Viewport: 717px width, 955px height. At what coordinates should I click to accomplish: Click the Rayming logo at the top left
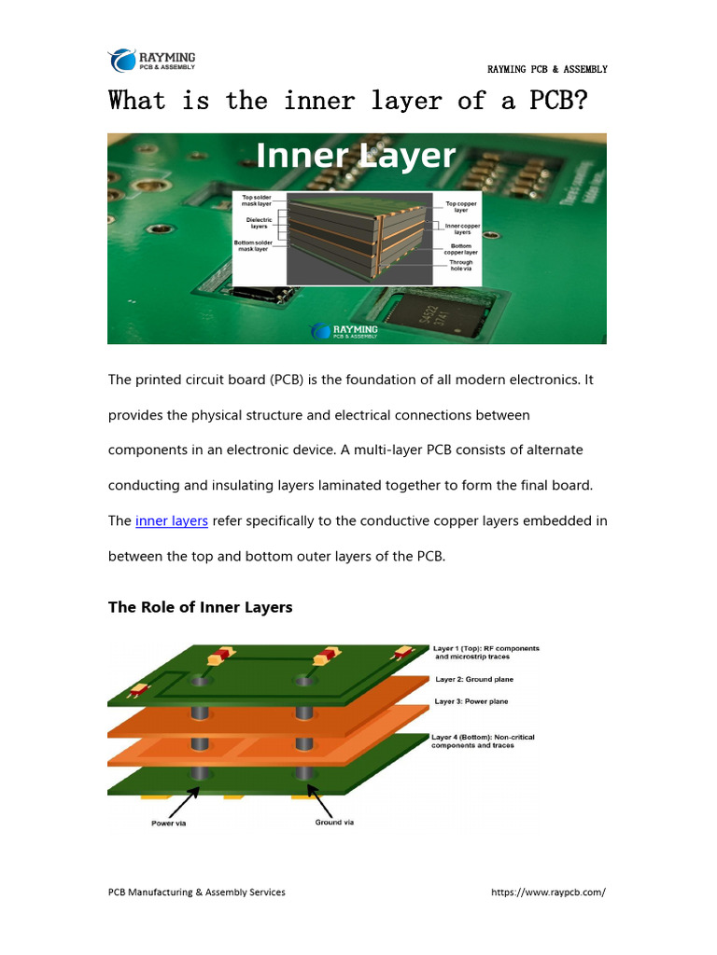(152, 61)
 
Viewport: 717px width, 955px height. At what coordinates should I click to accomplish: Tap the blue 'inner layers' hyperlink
(171, 520)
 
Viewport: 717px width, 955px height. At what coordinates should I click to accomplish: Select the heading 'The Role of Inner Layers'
(200, 607)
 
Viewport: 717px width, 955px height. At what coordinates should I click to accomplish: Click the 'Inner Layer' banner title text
(356, 156)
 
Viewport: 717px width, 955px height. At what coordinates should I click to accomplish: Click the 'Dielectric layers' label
(258, 223)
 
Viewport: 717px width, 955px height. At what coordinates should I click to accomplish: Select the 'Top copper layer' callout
(461, 206)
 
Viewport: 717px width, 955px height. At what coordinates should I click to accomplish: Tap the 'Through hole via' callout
(461, 266)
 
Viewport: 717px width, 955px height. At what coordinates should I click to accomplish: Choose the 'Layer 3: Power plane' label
(471, 701)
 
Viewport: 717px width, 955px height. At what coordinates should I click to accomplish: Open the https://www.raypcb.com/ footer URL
(548, 892)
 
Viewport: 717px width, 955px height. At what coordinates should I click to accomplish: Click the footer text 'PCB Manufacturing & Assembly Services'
(197, 892)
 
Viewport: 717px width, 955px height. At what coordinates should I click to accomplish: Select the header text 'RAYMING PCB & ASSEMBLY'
(547, 69)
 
